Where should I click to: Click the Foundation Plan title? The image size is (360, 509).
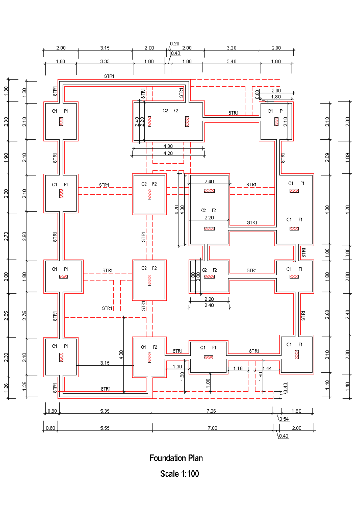click(176, 458)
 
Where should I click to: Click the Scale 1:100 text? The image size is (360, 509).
click(179, 474)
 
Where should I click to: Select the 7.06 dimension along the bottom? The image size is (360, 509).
click(211, 411)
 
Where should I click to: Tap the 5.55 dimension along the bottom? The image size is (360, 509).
click(105, 428)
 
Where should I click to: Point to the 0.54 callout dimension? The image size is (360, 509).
click(284, 419)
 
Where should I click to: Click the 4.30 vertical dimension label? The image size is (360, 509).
click(121, 355)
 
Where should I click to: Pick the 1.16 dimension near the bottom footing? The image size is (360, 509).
click(238, 368)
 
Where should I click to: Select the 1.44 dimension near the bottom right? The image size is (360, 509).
click(267, 368)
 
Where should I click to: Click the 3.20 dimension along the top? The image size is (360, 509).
click(232, 48)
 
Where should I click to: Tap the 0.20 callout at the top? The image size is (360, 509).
click(175, 44)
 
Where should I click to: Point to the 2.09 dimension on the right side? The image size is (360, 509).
click(327, 157)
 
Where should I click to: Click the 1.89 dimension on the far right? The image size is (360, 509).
click(347, 157)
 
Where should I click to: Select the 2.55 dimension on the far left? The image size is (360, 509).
click(6, 316)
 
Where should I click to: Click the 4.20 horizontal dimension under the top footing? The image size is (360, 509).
click(168, 153)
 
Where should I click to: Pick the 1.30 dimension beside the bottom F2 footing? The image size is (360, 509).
click(177, 367)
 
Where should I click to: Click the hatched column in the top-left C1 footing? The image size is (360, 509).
click(61, 121)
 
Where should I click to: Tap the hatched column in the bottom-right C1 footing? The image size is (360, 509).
click(297, 355)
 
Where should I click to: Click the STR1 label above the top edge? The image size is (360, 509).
click(109, 76)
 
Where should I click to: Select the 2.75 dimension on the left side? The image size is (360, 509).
click(25, 316)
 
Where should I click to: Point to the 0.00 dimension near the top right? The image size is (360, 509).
click(257, 94)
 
